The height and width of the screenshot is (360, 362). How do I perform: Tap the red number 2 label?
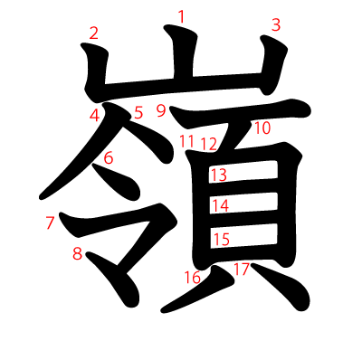[93, 34]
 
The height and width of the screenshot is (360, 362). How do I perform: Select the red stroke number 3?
[276, 25]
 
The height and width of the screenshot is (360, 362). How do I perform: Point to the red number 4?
[95, 115]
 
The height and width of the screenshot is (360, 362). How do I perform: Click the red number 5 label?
[138, 113]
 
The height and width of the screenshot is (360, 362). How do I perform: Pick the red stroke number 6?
[109, 158]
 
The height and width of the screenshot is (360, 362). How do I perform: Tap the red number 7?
[50, 223]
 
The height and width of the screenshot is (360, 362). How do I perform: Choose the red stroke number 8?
[78, 253]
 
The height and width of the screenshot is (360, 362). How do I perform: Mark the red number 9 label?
[160, 110]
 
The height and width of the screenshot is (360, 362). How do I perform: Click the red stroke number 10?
[262, 128]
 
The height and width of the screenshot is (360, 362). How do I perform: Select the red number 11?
[186, 140]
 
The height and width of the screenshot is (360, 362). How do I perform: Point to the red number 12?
[209, 143]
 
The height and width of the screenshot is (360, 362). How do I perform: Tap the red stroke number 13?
[218, 175]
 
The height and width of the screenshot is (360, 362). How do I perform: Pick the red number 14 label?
[220, 205]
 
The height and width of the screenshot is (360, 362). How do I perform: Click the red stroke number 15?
[221, 239]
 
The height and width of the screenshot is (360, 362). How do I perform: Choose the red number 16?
[192, 277]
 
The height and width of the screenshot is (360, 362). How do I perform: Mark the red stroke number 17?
[241, 269]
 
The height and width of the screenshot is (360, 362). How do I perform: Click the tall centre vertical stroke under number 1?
[182, 63]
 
